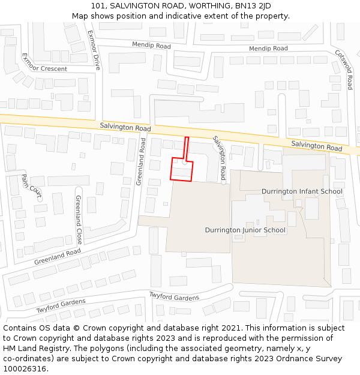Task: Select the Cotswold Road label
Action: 343,69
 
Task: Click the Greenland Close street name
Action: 79,219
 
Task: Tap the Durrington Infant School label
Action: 302,191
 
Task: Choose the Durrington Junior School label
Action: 245,230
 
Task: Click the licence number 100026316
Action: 25,369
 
